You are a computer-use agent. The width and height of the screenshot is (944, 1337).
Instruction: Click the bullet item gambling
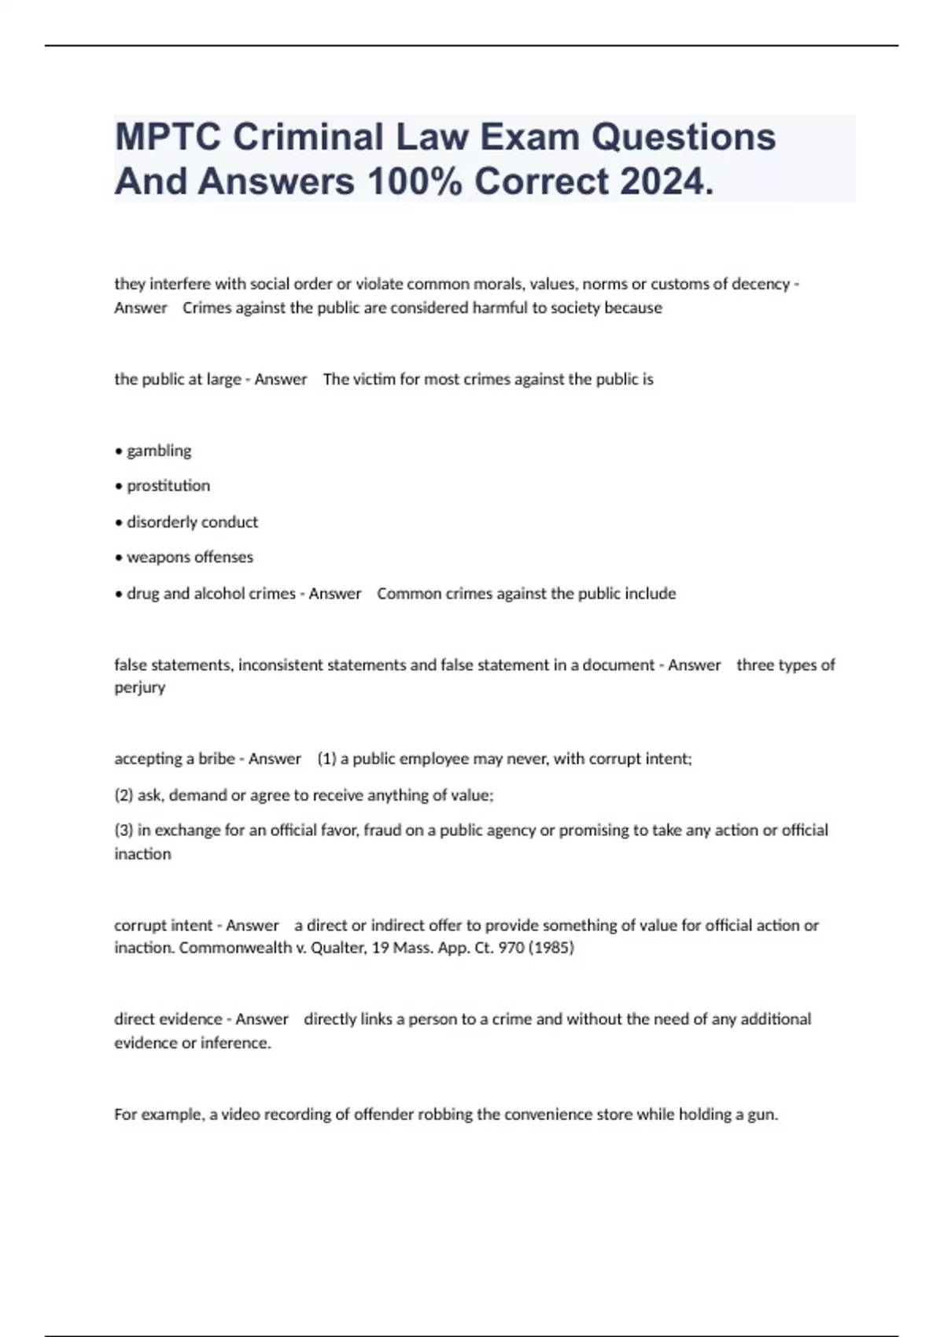coord(159,451)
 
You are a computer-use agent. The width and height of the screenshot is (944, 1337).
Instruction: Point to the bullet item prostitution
coord(168,486)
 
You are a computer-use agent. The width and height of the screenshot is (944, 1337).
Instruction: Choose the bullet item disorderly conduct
coord(192,522)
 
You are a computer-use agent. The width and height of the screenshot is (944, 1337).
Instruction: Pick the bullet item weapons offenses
coord(190,557)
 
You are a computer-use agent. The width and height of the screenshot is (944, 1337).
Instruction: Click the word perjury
coord(139,687)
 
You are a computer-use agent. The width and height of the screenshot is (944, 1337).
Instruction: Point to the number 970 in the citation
coord(511,948)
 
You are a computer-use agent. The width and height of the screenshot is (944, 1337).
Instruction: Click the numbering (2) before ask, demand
coord(124,795)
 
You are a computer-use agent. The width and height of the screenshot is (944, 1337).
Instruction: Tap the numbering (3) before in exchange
coord(124,831)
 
